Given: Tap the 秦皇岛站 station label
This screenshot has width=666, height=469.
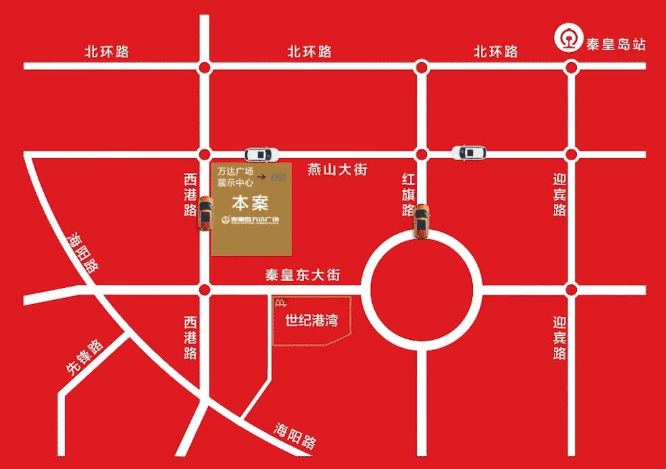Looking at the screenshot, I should click(x=616, y=45).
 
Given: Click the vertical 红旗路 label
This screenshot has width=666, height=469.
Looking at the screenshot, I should click(x=408, y=195).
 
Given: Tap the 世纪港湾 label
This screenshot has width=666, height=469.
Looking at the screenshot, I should click(x=311, y=320).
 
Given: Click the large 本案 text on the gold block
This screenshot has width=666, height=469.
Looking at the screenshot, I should click(x=251, y=202).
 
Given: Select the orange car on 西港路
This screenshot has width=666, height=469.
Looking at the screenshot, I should click(x=204, y=213).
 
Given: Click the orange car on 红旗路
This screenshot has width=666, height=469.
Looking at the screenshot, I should click(x=421, y=221).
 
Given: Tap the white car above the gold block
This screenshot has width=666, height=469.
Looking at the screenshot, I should click(x=261, y=154).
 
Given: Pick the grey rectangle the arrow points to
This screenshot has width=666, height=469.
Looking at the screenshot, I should click(x=278, y=177).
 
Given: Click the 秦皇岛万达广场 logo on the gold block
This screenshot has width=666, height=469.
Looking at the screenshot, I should click(x=251, y=220).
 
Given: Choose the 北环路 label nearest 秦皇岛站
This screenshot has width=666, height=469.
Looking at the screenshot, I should click(x=495, y=51).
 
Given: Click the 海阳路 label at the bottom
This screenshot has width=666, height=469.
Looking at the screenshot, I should click(x=295, y=436).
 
